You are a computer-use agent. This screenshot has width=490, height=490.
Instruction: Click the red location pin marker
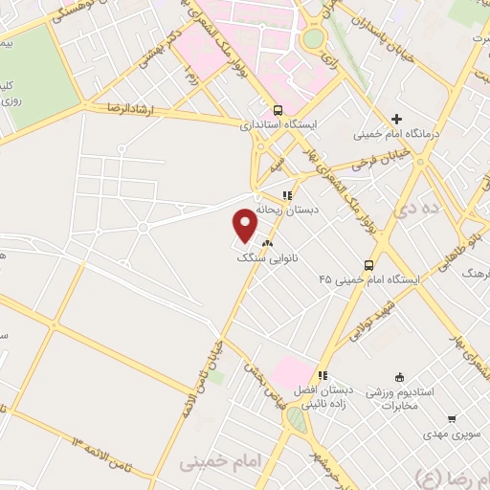246,224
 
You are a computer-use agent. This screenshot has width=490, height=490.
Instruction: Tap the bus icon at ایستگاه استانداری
278,110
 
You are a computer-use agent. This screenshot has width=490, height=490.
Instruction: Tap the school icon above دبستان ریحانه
285,195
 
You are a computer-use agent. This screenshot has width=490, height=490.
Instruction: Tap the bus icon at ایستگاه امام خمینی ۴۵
368,265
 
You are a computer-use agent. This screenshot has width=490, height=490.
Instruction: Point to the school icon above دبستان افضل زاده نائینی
323,376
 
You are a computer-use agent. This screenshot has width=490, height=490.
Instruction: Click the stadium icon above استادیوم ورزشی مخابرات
399,377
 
